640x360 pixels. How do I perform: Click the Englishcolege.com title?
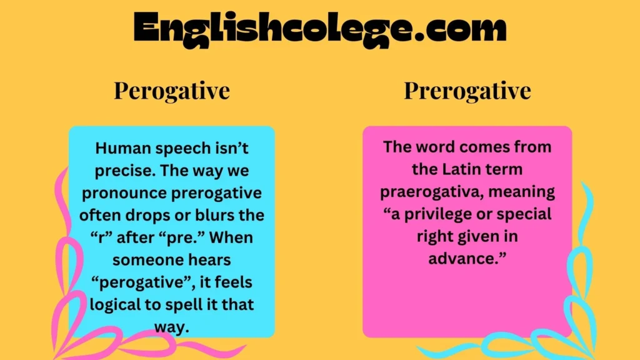tap(320, 28)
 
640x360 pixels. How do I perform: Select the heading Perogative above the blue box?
tap(172, 91)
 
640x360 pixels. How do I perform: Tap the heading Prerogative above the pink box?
tap(467, 91)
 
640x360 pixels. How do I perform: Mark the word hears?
tap(211, 261)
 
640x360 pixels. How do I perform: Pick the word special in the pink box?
tap(526, 214)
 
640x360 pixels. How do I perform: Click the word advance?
tap(466, 259)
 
